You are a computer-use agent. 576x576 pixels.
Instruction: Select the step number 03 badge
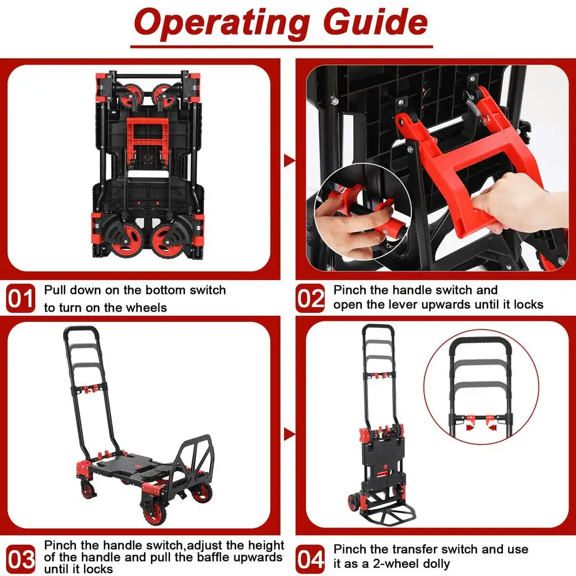coord(20,558)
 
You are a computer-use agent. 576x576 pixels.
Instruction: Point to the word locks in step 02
coord(525,304)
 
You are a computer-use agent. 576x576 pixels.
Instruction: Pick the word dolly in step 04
coord(433,564)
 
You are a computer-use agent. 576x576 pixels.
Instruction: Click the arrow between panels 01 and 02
coord(289,161)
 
